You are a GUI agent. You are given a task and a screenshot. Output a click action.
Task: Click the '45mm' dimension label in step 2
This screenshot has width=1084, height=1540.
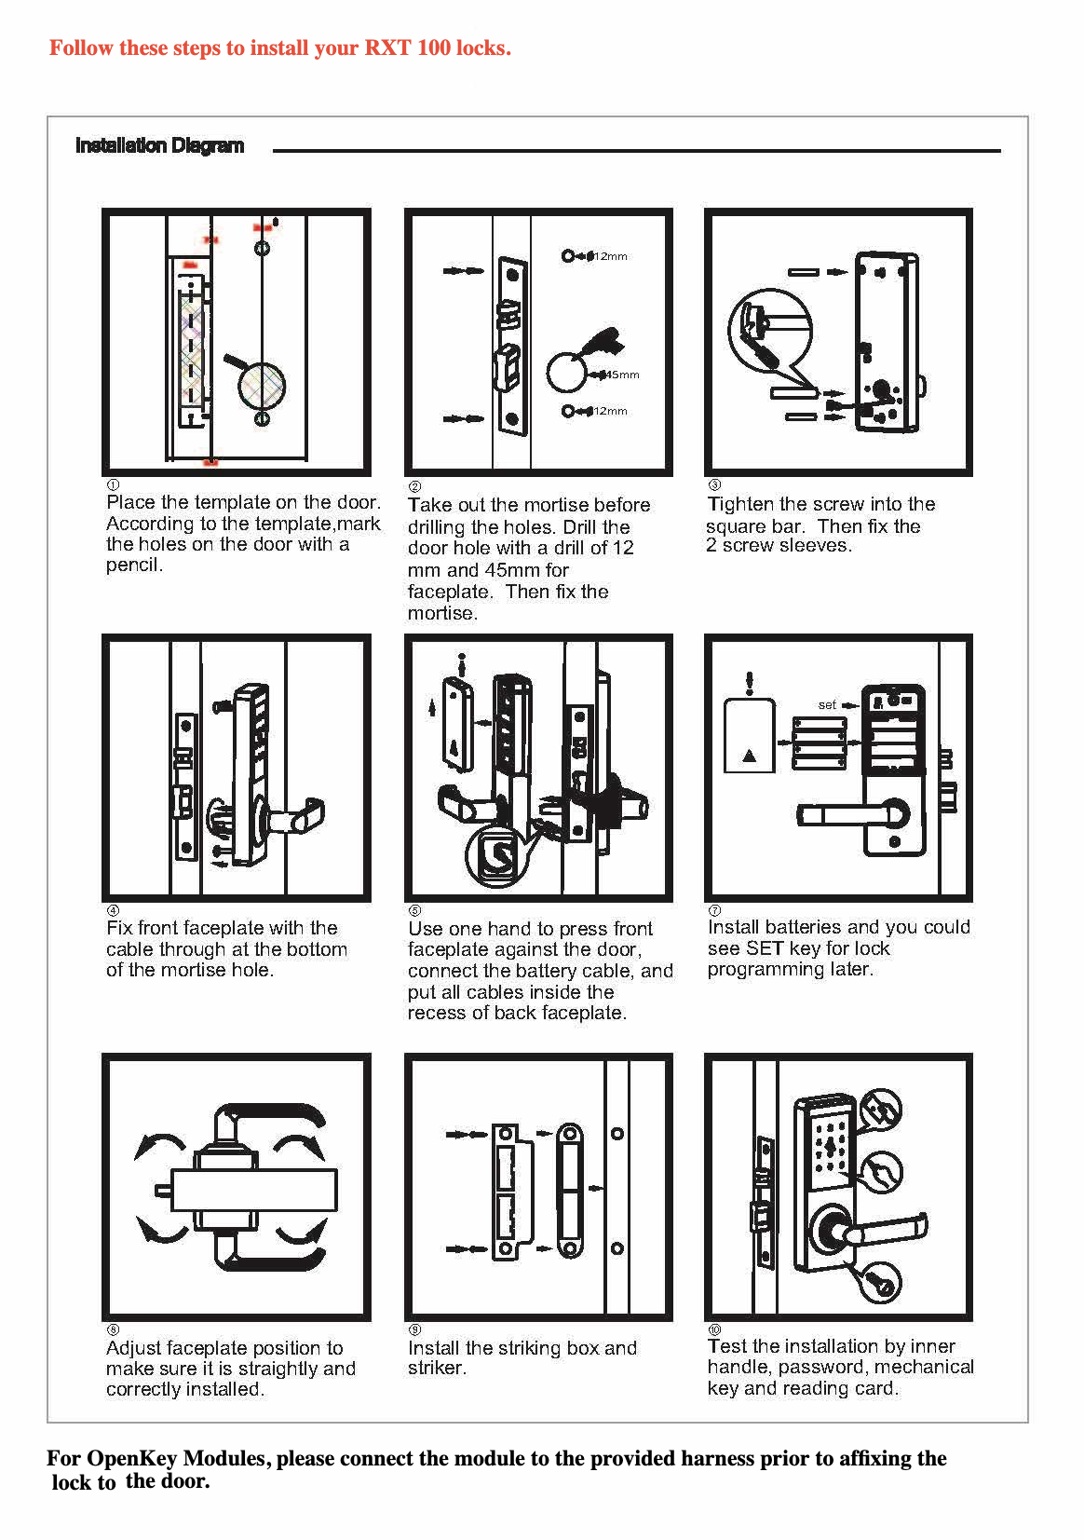pos(622,375)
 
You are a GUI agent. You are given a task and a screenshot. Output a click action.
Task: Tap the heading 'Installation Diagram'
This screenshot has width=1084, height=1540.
pos(159,145)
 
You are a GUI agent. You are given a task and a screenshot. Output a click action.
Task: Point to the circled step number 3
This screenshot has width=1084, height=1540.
pos(714,485)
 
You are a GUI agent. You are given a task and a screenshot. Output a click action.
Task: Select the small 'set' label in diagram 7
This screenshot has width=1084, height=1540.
pos(827,705)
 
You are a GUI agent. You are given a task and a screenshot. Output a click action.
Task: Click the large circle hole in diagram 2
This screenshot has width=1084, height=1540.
pos(566,373)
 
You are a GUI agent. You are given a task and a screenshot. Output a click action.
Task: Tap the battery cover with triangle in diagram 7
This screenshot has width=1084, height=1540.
pos(749,736)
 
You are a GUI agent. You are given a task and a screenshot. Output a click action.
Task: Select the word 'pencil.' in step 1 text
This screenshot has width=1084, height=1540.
pos(135,566)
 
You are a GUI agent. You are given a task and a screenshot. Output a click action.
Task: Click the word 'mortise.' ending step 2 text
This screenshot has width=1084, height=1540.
pos(442,613)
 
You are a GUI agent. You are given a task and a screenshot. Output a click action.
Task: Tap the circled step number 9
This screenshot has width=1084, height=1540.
pos(414,1329)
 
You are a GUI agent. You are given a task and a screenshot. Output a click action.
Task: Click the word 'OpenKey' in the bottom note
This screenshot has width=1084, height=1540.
pos(136,1458)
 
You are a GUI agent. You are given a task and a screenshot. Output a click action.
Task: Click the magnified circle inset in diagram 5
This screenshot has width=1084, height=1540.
pos(494,854)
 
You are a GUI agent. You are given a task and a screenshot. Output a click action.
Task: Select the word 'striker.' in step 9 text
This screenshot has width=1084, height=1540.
pos(437,1368)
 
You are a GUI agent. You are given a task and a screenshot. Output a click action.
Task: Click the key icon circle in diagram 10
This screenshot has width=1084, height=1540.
pos(879,1283)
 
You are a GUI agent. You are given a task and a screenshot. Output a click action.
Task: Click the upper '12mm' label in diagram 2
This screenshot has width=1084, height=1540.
pos(610,256)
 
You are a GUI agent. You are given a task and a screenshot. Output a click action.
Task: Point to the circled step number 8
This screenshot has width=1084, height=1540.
pos(113,1329)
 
